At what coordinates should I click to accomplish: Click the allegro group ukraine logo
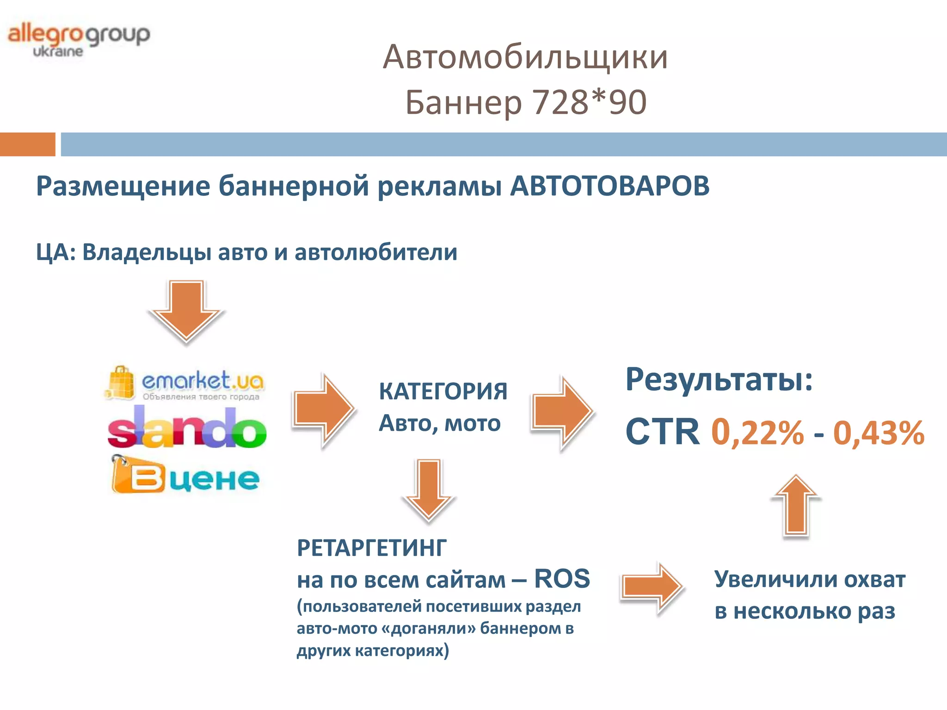pyautogui.click(x=79, y=39)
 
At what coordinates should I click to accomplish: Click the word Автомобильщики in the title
pyautogui.click(x=525, y=57)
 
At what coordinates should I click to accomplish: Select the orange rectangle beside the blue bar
pyautogui.click(x=27, y=144)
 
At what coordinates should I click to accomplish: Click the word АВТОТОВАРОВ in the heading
pyautogui.click(x=609, y=186)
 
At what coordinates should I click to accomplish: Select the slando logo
pyautogui.click(x=186, y=428)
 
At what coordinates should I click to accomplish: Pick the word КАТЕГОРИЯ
pyautogui.click(x=443, y=391)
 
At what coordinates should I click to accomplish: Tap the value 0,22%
pyautogui.click(x=757, y=433)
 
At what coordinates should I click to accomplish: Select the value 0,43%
pyautogui.click(x=878, y=433)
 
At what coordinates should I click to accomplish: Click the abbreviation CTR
pyautogui.click(x=662, y=432)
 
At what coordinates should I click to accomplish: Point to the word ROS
pyautogui.click(x=562, y=578)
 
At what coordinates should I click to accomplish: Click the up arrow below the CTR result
pyautogui.click(x=796, y=507)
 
